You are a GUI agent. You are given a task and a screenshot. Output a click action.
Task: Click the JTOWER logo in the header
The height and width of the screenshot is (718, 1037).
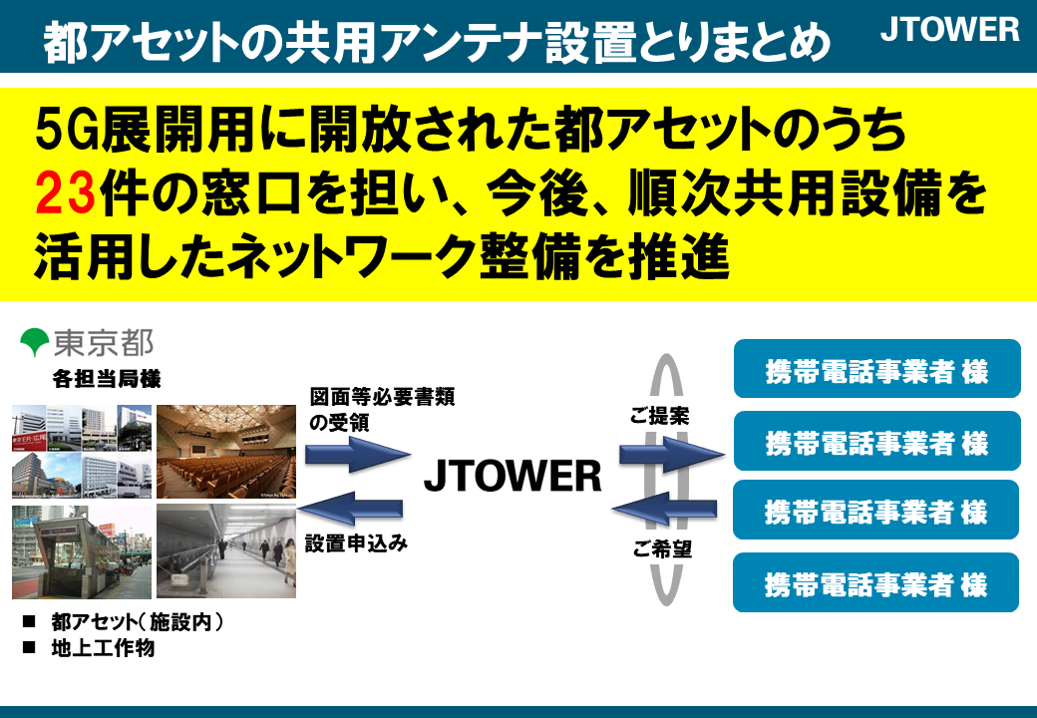coord(949,30)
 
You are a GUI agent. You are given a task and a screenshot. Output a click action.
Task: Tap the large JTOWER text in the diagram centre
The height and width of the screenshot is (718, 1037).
coord(513,476)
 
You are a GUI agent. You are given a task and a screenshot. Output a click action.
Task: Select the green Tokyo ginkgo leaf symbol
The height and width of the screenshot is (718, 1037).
coord(34,342)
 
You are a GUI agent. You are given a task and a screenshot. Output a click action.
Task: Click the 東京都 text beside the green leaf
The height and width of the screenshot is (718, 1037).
coord(103,342)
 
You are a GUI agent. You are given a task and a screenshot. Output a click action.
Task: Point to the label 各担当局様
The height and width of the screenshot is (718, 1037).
coord(107,379)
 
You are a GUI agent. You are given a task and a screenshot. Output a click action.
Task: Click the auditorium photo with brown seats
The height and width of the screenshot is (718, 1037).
coord(226,452)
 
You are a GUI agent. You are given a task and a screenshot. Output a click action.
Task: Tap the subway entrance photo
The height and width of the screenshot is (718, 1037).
coord(82,552)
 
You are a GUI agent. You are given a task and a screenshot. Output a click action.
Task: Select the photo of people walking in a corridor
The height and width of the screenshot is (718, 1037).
coord(226,551)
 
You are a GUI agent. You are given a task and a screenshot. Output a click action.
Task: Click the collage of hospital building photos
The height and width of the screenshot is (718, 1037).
coord(82,452)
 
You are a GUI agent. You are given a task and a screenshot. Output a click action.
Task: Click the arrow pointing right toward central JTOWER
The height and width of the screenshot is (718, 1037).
coord(358,454)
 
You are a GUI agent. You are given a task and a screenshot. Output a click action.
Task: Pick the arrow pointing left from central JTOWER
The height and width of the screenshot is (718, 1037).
coord(351,509)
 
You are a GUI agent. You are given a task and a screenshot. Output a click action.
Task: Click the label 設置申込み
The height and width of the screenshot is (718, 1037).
coord(357,543)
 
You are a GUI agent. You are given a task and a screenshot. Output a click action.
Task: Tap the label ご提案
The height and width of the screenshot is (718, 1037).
coord(659,416)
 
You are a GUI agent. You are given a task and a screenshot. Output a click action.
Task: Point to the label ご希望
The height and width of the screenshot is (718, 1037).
coord(662,548)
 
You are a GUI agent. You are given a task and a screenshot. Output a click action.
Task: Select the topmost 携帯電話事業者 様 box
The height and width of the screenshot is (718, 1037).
coord(876,369)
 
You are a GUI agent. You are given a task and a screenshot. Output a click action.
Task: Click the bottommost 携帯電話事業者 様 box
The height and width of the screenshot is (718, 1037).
coord(875,582)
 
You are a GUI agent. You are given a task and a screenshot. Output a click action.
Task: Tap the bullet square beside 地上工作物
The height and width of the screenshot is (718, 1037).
coord(29,648)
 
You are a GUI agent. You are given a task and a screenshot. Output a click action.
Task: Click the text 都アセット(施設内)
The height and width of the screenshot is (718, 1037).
coord(138,622)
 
